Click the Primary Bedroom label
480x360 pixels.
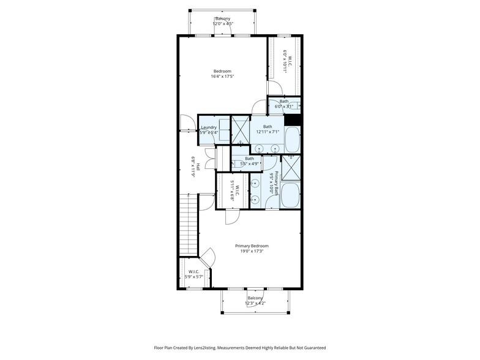coord(252,246)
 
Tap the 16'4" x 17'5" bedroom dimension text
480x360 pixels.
coord(222,77)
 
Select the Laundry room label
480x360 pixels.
coord(209,127)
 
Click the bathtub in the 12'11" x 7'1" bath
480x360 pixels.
coord(293,140)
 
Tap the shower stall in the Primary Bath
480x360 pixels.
coord(291,167)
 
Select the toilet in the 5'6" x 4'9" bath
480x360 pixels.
coord(237,163)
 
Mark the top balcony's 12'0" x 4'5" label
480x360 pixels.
coord(222,24)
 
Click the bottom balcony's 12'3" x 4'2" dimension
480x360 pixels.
coord(255,303)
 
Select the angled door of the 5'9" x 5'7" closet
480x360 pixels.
coord(207,258)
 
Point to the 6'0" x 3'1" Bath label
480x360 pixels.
coord(284,101)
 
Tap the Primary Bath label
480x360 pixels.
coord(277,182)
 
